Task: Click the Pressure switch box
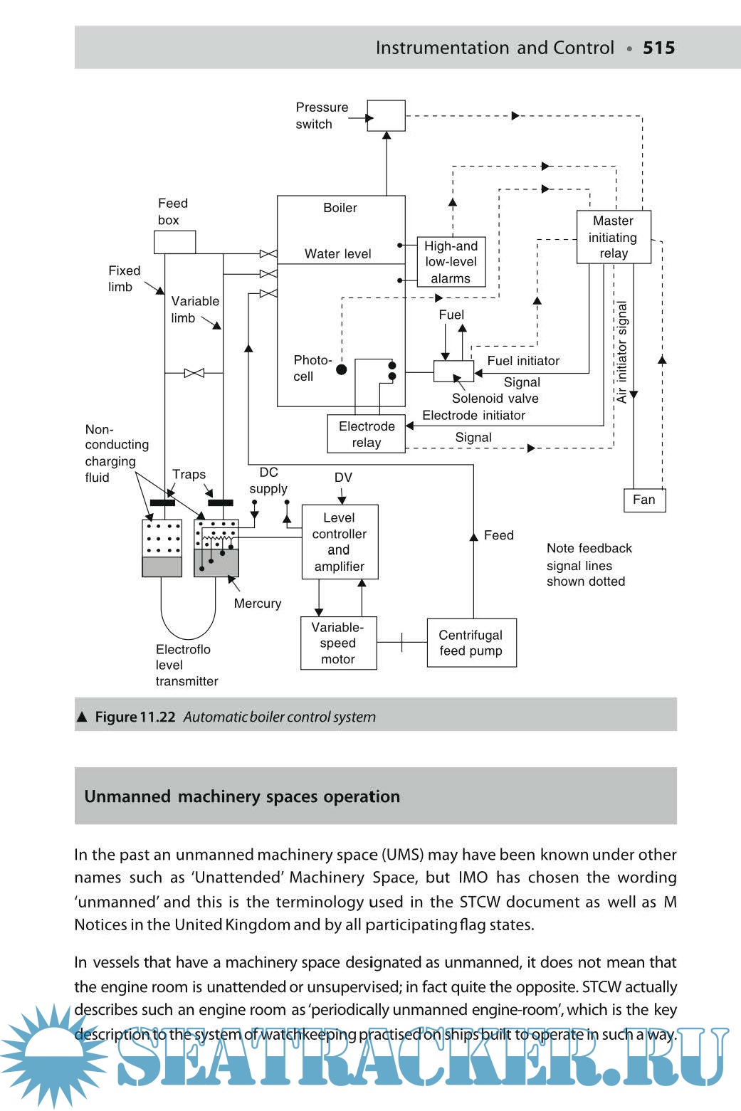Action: point(387,115)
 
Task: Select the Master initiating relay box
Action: point(614,237)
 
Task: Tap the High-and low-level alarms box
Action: point(451,262)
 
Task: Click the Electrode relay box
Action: point(367,434)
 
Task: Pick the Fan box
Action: point(644,500)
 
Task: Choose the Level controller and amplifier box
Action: point(340,542)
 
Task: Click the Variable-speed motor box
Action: point(338,643)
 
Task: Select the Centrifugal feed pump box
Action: point(471,643)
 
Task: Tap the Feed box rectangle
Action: point(174,242)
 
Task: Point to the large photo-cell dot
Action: point(342,369)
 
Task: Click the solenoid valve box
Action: point(453,371)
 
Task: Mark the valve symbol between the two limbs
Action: point(194,373)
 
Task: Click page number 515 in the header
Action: point(658,48)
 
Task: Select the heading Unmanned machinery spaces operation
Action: point(242,796)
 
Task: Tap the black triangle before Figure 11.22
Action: point(82,717)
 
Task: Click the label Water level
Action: point(338,254)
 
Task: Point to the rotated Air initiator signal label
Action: point(622,352)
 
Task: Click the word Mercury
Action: point(258,604)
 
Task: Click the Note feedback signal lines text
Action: point(589,565)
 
